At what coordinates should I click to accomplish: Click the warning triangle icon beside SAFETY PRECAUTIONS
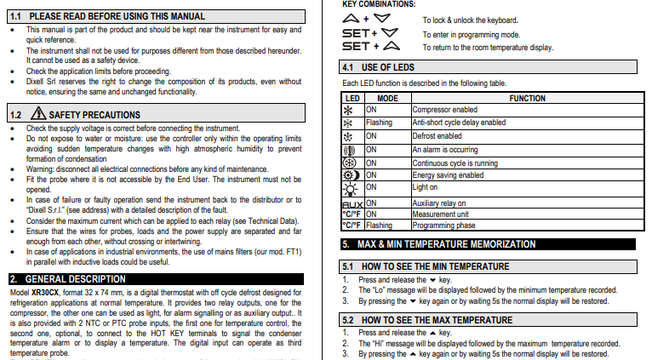tap(38, 113)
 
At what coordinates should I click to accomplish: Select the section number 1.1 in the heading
tap(17, 16)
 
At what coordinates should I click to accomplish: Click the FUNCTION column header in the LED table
tap(527, 99)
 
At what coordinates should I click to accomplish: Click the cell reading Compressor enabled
tap(444, 110)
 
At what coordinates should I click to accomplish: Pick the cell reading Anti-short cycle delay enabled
tap(458, 123)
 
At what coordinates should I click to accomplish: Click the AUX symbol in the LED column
tap(352, 204)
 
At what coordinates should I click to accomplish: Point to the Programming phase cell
tap(443, 226)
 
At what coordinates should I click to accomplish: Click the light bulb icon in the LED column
tap(351, 188)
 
